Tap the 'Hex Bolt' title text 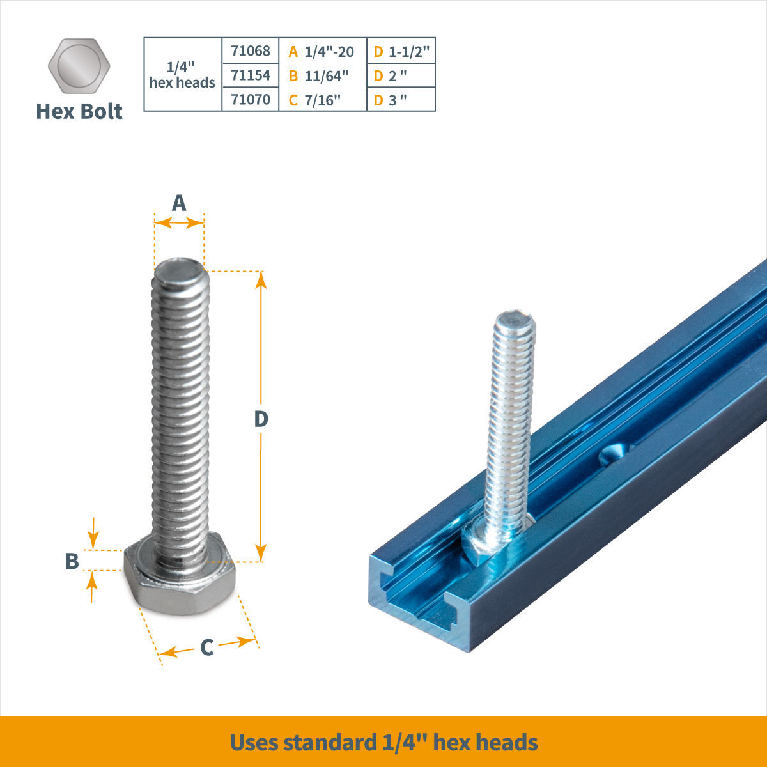pos(79,111)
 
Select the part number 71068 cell pos(251,50)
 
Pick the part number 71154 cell pos(251,75)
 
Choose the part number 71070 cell pos(251,99)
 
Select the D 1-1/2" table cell pos(401,51)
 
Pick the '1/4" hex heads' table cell pos(182,75)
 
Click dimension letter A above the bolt pos(179,203)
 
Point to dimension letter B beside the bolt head pos(72,561)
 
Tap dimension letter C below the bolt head pos(206,647)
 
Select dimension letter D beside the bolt pos(261,419)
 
